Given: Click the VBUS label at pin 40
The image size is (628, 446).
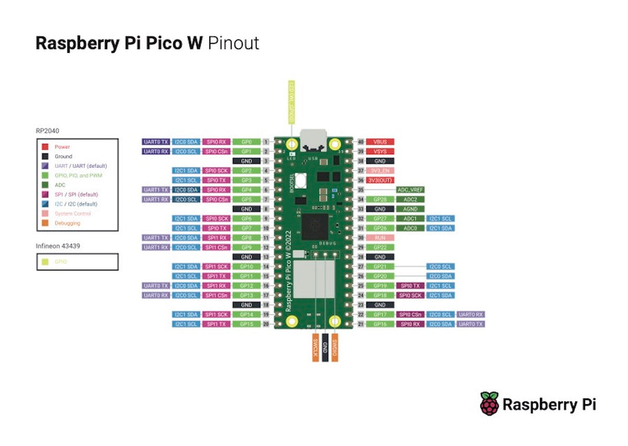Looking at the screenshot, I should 380,141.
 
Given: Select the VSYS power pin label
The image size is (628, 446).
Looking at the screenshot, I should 380,151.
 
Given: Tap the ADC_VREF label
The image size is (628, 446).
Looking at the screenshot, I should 410,190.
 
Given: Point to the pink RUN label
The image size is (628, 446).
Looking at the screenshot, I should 380,238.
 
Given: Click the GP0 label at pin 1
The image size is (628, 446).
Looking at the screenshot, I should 246,141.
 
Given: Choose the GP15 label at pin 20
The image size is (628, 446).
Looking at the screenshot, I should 246,324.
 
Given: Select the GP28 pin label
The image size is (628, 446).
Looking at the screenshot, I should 380,199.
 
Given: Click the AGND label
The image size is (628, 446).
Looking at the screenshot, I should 410,209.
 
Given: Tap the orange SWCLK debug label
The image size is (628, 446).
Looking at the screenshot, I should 315,346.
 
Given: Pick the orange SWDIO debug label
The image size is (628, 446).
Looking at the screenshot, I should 335,346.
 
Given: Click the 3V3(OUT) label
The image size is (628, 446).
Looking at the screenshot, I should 380,180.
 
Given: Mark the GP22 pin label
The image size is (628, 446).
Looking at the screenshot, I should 380,247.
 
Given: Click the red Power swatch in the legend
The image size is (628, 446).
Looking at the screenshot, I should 44,147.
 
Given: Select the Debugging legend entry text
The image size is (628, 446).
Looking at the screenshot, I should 67,224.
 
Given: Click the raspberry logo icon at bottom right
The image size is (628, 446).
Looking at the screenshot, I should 489,404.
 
